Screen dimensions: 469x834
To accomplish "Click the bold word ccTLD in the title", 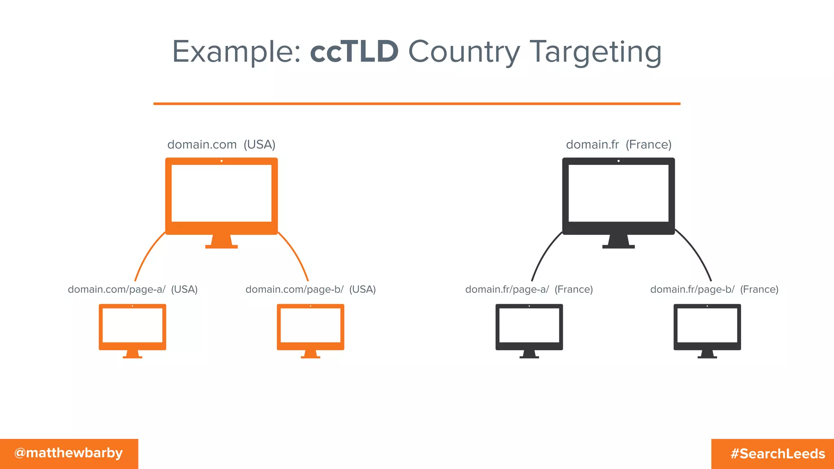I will click(354, 52).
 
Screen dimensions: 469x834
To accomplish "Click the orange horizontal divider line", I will click(417, 104).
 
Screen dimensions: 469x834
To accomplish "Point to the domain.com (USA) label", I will click(221, 145).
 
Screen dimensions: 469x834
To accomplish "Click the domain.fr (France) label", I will click(619, 145).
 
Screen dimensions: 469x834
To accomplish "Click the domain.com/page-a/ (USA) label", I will click(132, 289).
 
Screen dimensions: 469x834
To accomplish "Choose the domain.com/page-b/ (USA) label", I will click(310, 289).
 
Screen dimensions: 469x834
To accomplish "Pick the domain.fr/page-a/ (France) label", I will click(529, 289).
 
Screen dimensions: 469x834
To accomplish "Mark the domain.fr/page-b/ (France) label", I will click(714, 289).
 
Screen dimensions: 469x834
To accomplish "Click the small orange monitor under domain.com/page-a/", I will click(132, 328).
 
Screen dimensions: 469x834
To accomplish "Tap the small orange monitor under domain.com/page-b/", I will click(310, 328).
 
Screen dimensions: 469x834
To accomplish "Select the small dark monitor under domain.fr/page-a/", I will click(529, 328).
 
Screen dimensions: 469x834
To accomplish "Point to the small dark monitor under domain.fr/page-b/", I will click(707, 328).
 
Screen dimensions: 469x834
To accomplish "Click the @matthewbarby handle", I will click(68, 453).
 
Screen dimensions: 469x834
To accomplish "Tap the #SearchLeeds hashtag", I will click(777, 454).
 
